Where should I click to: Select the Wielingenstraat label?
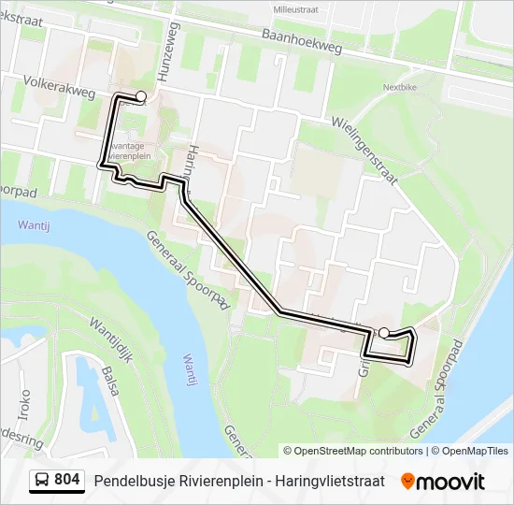click(365, 136)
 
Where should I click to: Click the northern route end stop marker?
click(141, 95)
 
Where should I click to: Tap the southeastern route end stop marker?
click(383, 332)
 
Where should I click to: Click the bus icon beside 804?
click(42, 480)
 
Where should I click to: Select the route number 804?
click(67, 480)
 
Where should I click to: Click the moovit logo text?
click(451, 481)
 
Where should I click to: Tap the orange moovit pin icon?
click(407, 481)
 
